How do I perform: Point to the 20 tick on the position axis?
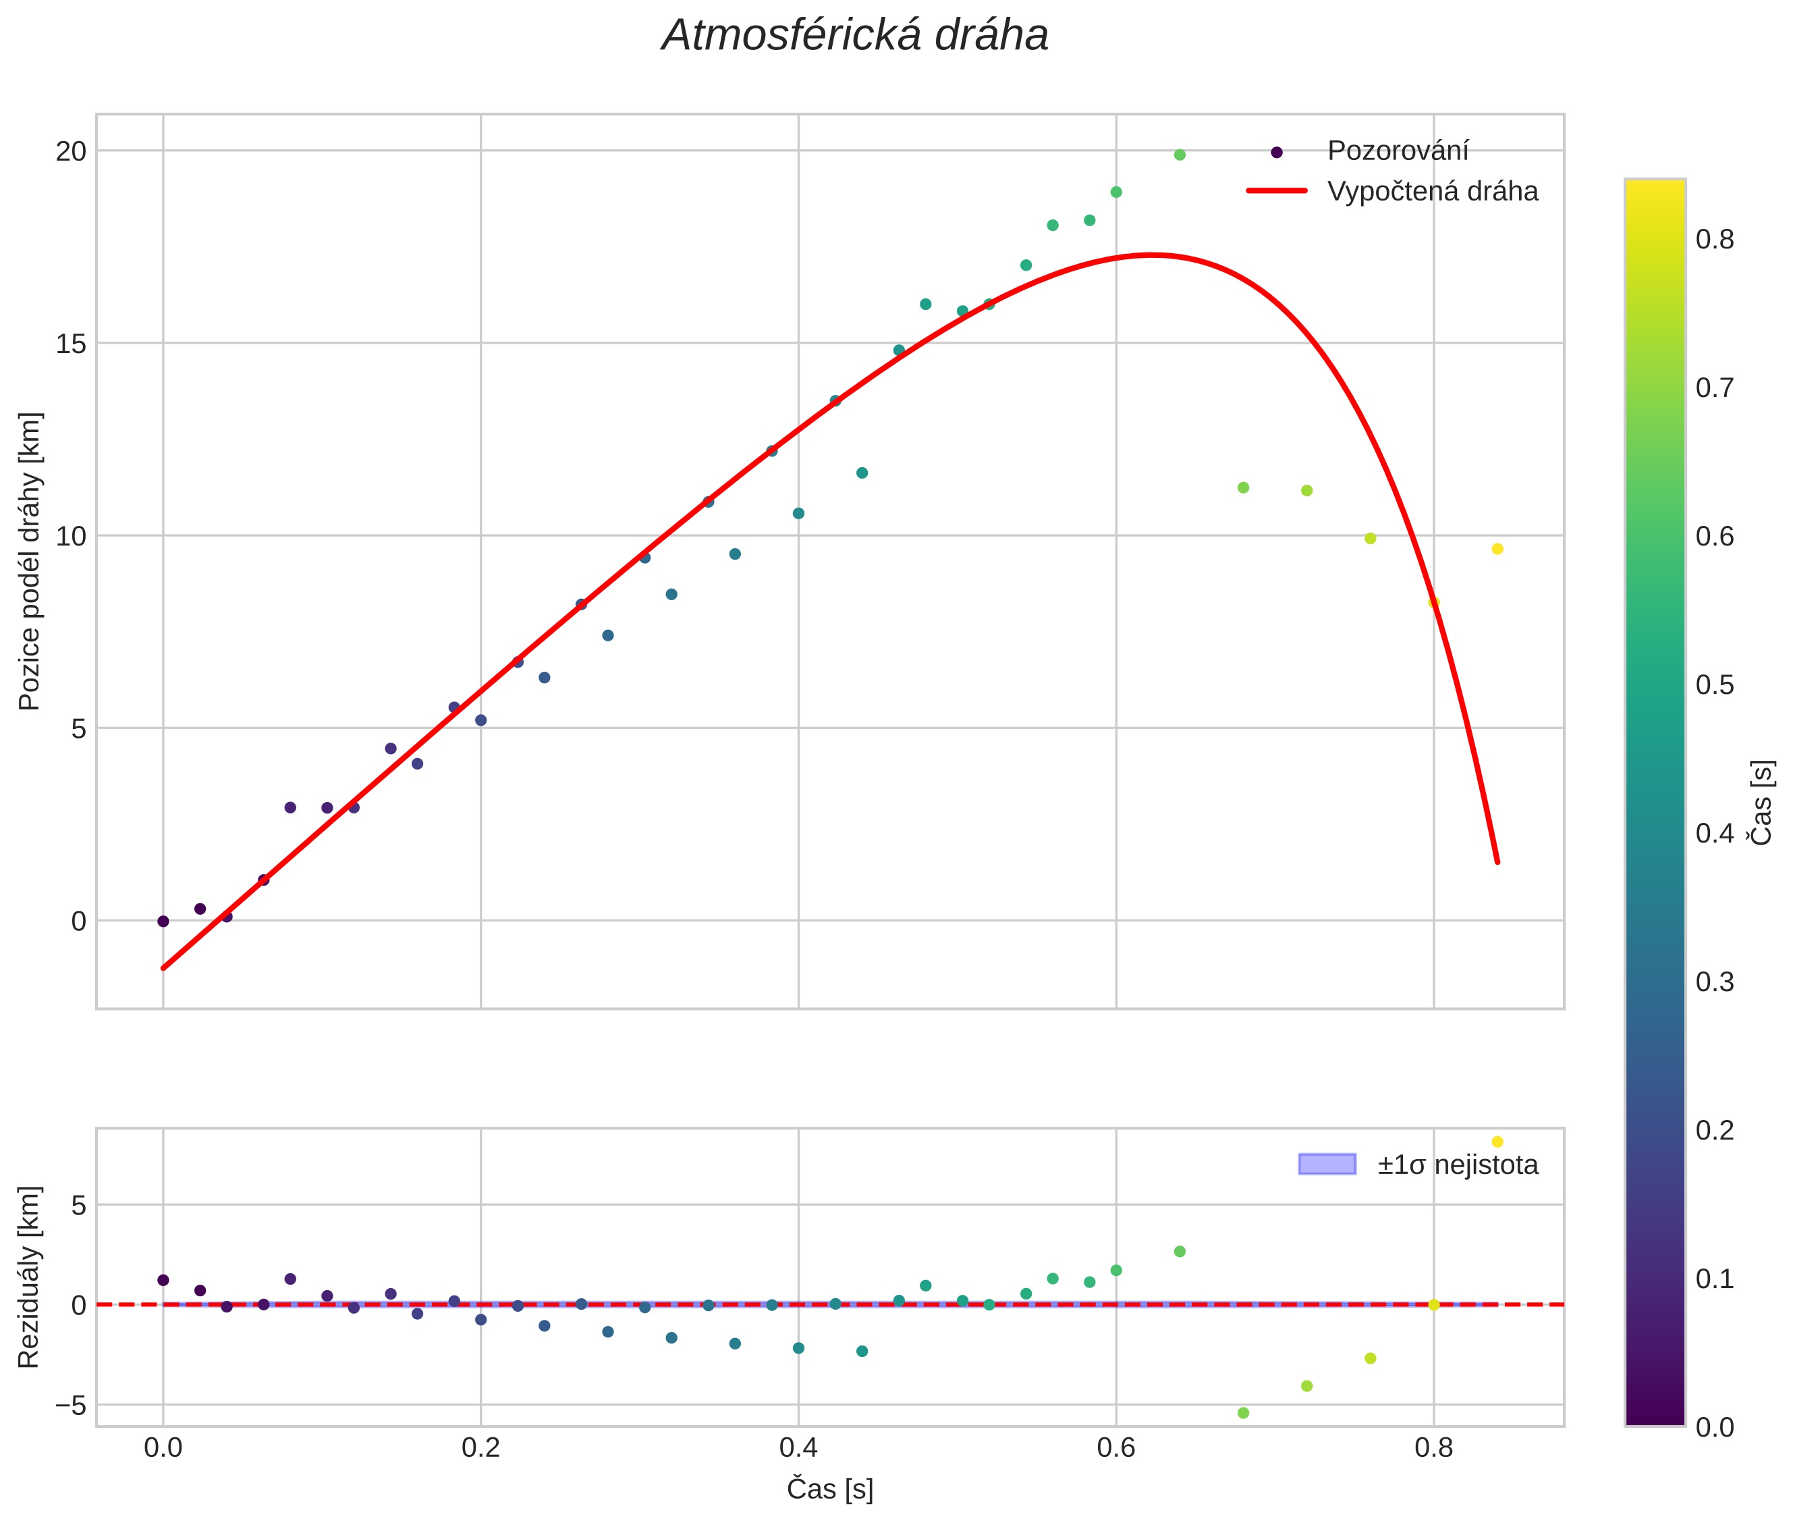click(x=72, y=152)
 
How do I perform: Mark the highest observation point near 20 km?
click(x=1179, y=155)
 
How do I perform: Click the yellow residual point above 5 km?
click(x=1497, y=1142)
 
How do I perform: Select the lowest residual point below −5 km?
click(x=1243, y=1413)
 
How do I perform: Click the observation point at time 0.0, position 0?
click(x=163, y=921)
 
